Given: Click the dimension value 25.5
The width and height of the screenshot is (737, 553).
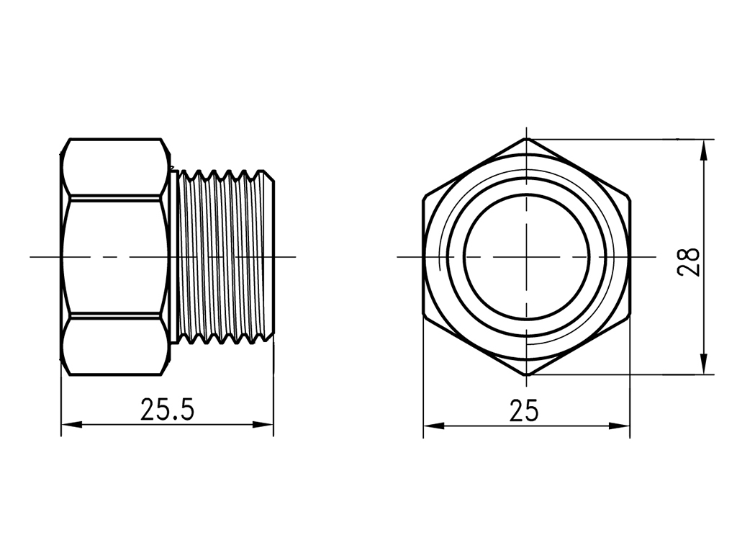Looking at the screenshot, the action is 167,409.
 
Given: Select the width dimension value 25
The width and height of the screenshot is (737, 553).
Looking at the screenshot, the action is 524,411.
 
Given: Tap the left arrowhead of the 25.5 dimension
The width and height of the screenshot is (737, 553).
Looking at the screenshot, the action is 71,425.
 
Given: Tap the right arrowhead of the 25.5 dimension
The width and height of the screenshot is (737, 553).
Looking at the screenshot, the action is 263,425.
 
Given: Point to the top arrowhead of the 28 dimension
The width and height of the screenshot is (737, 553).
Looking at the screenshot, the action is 704,150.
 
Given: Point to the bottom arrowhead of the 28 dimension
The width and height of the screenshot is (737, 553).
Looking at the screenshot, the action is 704,364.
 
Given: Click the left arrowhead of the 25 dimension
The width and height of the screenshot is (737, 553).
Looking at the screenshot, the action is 433,426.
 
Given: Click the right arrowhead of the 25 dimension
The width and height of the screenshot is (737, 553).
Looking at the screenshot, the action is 620,426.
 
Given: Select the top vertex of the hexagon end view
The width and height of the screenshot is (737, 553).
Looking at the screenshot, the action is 526,139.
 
